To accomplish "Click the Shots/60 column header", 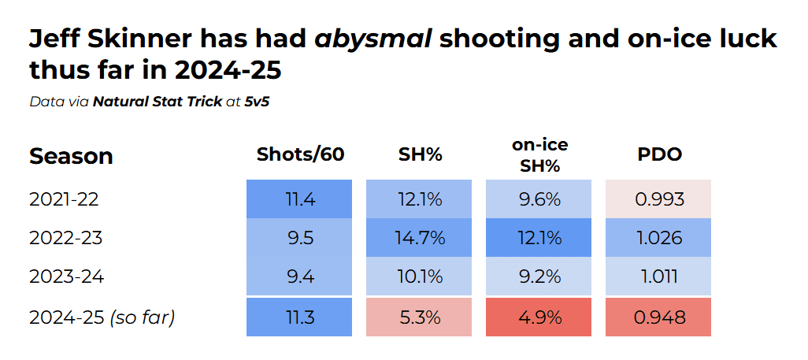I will tap(300, 154).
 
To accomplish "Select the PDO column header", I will tap(659, 154).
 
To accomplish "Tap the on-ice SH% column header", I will tap(539, 154).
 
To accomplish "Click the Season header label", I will tap(71, 156).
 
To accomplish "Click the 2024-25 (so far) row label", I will tap(102, 317).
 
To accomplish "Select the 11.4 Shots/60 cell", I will tap(300, 199).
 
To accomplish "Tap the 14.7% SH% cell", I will tap(420, 238).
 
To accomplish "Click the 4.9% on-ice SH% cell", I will tap(539, 317).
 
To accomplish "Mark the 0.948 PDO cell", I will tap(659, 317).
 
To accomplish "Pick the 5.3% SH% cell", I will tap(420, 317).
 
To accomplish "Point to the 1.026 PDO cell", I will tap(659, 238).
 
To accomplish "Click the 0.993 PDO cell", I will tap(659, 199).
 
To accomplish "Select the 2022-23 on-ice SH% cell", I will tap(539, 238).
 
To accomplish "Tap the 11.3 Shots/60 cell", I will tap(300, 317).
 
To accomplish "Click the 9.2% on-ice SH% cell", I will tap(539, 276).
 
